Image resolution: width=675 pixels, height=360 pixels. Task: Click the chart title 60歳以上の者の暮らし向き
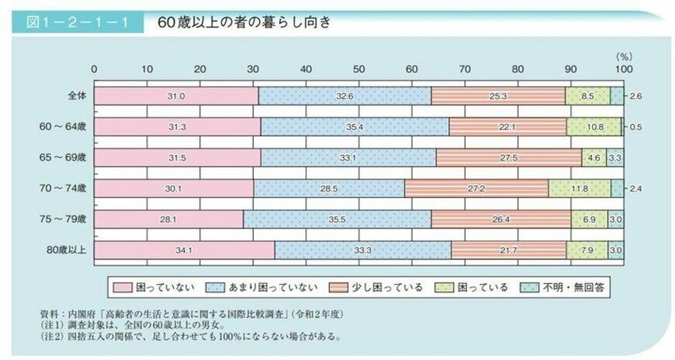pos(244,22)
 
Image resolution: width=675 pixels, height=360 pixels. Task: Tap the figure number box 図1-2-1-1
pos(78,22)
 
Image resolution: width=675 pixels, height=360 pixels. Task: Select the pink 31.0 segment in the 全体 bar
pos(175,95)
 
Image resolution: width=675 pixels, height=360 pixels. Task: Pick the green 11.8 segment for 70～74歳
pos(579,188)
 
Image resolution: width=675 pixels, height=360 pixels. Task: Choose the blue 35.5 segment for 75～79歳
pos(337,220)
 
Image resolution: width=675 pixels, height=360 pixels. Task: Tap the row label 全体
pos(75,95)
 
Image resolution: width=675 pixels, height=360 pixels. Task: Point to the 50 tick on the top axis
pos(358,69)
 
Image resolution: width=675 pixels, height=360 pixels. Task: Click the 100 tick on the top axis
pos(621,69)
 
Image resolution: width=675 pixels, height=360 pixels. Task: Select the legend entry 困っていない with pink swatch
pos(160,287)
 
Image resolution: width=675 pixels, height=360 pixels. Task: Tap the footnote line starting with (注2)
pos(189,337)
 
